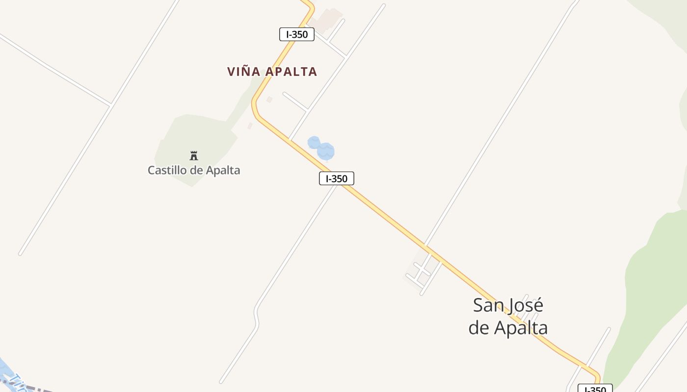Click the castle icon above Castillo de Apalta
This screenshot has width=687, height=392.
click(x=194, y=156)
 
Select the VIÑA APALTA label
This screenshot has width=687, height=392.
click(x=272, y=72)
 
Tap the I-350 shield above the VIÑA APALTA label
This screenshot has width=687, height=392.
click(x=296, y=34)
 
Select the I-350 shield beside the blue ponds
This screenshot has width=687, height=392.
click(x=336, y=178)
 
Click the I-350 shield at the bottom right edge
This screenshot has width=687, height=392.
click(x=595, y=389)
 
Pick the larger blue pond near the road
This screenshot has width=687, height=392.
click(x=326, y=151)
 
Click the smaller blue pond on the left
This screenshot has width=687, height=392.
click(x=314, y=143)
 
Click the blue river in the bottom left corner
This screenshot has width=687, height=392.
click(x=4, y=367)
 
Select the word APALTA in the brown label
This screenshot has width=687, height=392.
click(x=291, y=72)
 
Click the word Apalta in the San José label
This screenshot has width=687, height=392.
click(x=521, y=328)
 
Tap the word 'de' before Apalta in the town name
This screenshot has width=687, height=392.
click(x=479, y=328)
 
